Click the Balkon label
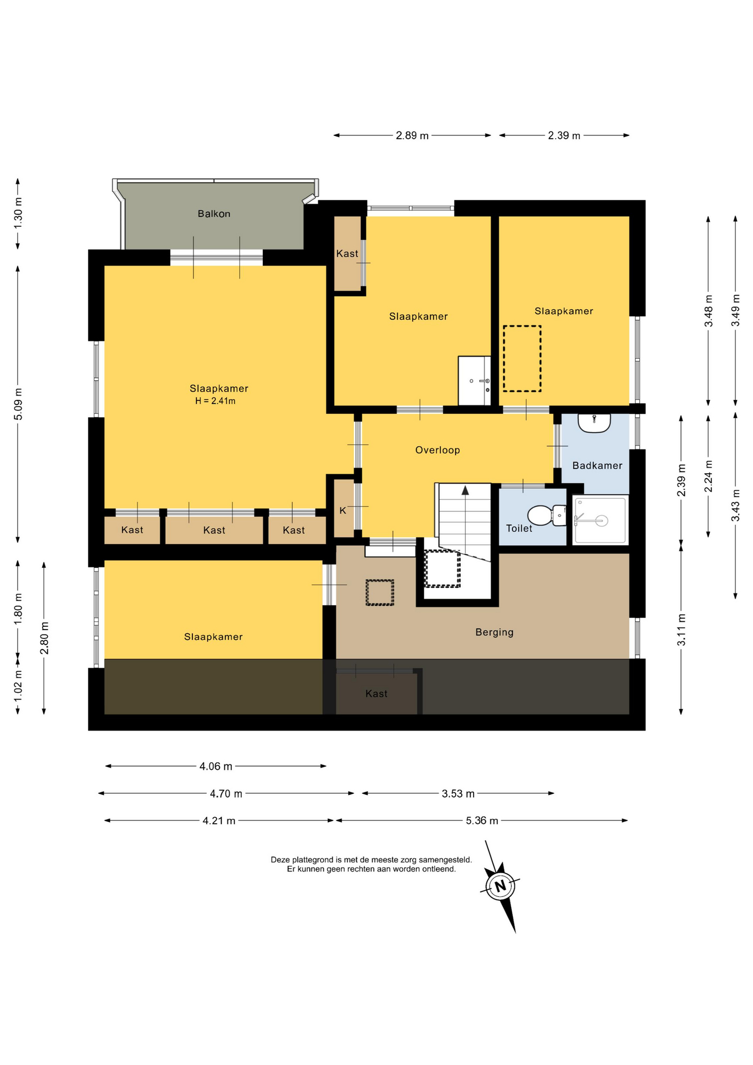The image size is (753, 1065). point(214,214)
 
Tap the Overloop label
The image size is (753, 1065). point(437,450)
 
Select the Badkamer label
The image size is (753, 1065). point(597,465)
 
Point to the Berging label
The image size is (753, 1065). point(495,632)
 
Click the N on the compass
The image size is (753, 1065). point(501,886)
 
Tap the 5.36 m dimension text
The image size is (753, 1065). point(482,820)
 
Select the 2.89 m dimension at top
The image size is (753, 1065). point(412,135)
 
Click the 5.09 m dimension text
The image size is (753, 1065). point(18,403)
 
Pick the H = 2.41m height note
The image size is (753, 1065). point(215,401)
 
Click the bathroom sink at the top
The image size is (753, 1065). point(594,422)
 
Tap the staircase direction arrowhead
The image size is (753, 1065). point(465,490)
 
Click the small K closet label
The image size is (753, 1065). point(343,510)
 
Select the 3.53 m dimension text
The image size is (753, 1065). point(458,794)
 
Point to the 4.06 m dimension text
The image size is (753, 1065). point(216,767)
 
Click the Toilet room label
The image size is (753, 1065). point(519,529)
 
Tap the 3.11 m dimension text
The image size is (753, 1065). point(681,630)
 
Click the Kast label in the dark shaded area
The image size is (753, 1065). point(376,693)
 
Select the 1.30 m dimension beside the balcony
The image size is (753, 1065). point(18,213)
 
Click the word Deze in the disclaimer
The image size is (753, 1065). point(280,860)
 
